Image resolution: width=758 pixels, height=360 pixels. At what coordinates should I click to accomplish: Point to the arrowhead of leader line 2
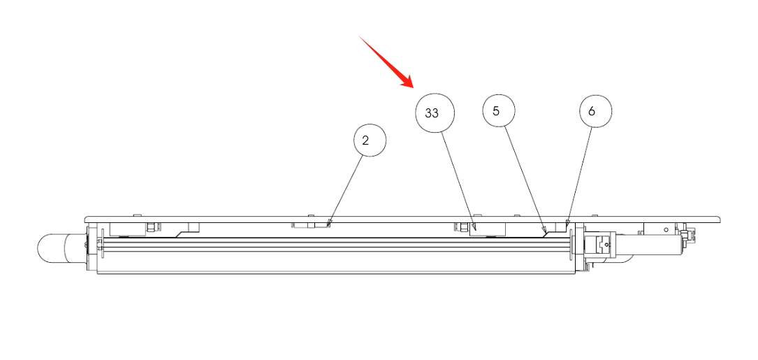click(x=329, y=224)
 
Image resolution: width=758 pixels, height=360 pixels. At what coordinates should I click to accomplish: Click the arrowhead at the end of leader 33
click(x=475, y=227)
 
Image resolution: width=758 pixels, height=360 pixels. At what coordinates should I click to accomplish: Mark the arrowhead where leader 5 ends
click(x=545, y=230)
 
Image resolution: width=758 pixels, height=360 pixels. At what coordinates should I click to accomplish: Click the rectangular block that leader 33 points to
click(x=488, y=229)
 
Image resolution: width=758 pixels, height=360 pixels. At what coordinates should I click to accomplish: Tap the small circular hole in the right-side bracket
click(x=666, y=229)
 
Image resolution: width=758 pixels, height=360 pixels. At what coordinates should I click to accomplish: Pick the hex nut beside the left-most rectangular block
click(x=152, y=227)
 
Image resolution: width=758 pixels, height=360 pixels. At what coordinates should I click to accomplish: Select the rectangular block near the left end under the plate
click(x=128, y=229)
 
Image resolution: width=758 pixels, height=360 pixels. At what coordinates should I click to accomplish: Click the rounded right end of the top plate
click(x=719, y=219)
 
